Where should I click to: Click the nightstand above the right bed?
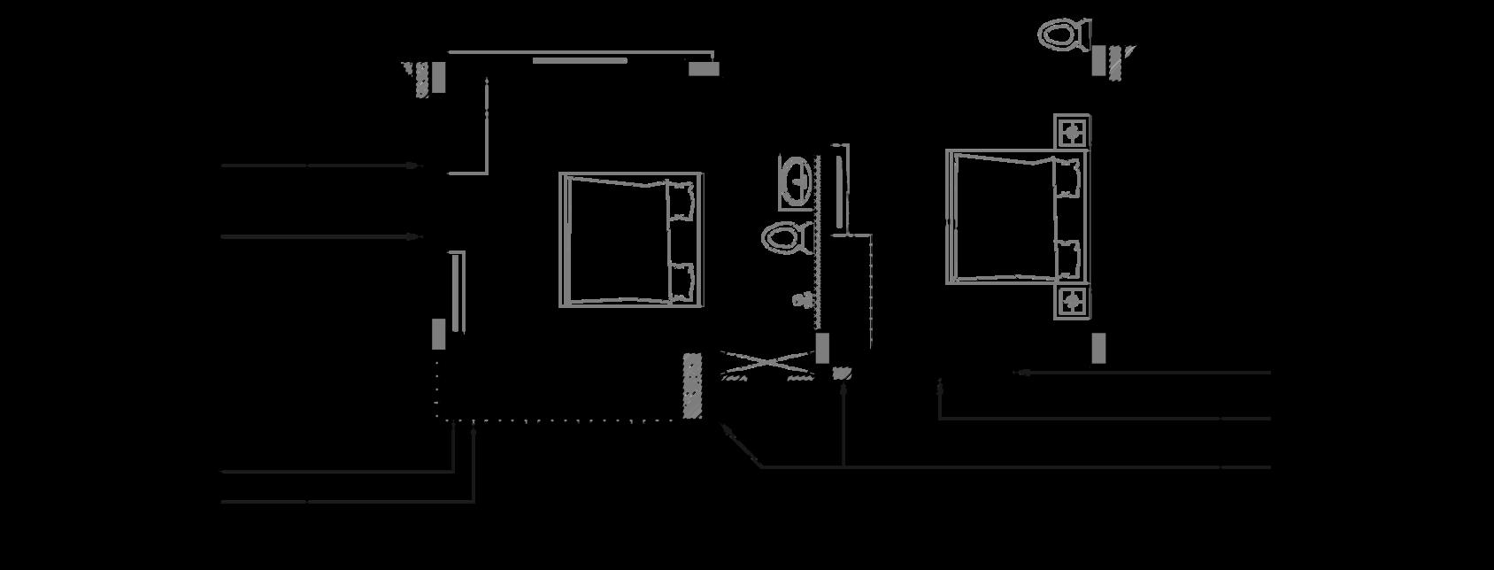(x=1072, y=133)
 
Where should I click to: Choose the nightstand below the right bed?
(x=1072, y=302)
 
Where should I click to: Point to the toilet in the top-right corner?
(x=1062, y=35)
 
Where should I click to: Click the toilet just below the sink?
(x=786, y=237)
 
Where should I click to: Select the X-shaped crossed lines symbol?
(x=766, y=364)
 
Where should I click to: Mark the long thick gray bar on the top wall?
(x=580, y=61)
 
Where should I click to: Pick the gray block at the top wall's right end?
(x=704, y=68)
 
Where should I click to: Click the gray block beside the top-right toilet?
(x=1098, y=61)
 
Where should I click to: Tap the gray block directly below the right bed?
(x=1098, y=348)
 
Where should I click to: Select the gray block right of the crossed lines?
(x=822, y=348)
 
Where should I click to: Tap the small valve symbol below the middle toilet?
(x=802, y=300)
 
